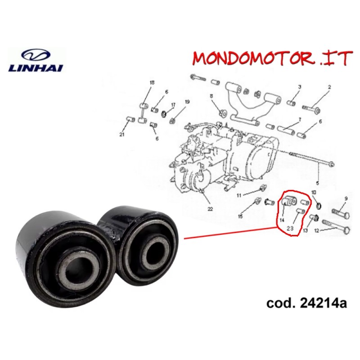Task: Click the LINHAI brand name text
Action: (x=36, y=68)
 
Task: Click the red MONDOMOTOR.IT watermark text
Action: (x=272, y=58)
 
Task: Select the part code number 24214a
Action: (x=323, y=303)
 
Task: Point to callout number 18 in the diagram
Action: (x=152, y=83)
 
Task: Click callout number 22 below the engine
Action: (x=210, y=209)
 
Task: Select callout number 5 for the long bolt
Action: (x=317, y=183)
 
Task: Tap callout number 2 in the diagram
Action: (x=329, y=87)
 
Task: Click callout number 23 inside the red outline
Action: (x=290, y=228)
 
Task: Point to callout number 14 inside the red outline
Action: (x=282, y=220)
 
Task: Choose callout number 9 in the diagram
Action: (x=346, y=198)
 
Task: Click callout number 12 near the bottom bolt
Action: (x=317, y=230)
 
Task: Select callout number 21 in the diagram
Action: (x=121, y=135)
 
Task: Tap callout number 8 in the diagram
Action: (x=211, y=96)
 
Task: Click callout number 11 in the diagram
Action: (x=239, y=196)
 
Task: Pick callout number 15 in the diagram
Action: (x=240, y=216)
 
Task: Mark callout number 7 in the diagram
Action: (x=300, y=120)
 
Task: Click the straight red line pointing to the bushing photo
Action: (x=231, y=233)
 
